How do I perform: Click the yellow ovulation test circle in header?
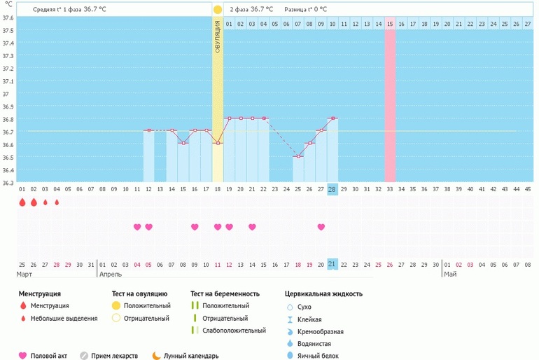click(x=218, y=10)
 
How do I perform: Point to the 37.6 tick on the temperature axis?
click(x=8, y=30)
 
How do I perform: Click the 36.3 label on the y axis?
click(x=8, y=183)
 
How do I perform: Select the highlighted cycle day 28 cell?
click(x=332, y=189)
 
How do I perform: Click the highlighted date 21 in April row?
click(x=332, y=264)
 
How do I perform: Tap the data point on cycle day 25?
click(x=297, y=156)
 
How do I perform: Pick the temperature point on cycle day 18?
click(x=218, y=143)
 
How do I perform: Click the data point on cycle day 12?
click(x=148, y=130)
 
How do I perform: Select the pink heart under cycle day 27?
click(x=321, y=227)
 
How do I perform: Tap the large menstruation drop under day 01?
click(x=22, y=202)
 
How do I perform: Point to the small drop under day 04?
click(x=57, y=202)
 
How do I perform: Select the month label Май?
click(x=450, y=274)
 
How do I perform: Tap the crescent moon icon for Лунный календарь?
click(x=156, y=355)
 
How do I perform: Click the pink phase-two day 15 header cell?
click(x=389, y=24)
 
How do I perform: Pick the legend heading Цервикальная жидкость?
click(x=323, y=293)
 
